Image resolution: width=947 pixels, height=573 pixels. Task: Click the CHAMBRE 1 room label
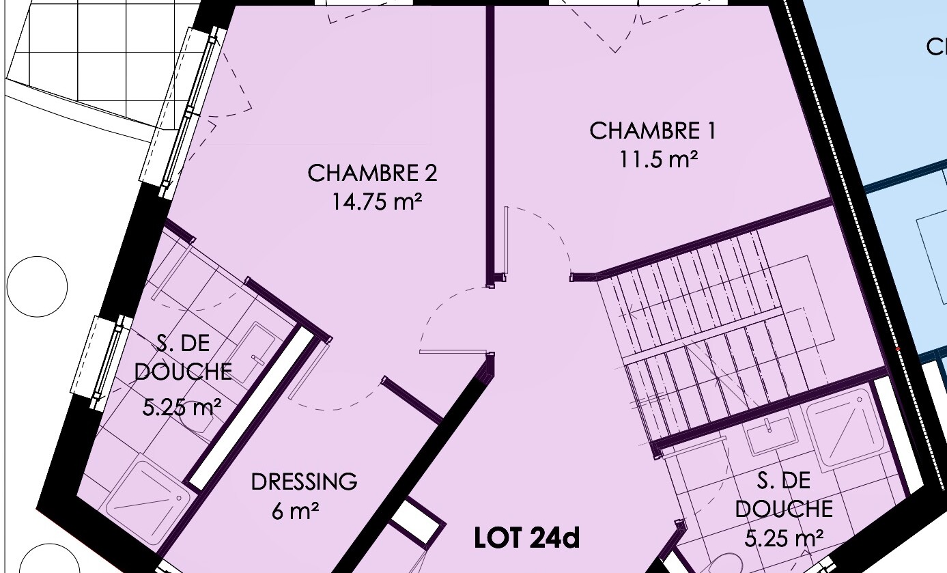pyautogui.click(x=652, y=130)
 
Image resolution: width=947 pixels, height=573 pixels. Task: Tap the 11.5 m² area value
pyautogui.click(x=658, y=160)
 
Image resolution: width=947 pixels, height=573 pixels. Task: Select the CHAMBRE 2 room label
pyautogui.click(x=372, y=173)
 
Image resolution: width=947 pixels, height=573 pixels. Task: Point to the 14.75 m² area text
pyautogui.click(x=377, y=201)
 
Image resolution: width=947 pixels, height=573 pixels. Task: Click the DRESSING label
pyautogui.click(x=304, y=482)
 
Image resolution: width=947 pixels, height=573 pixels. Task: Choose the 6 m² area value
pyautogui.click(x=295, y=512)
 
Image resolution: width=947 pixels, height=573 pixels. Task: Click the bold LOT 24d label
pyautogui.click(x=527, y=538)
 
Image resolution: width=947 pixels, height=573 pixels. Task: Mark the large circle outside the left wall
pyautogui.click(x=37, y=286)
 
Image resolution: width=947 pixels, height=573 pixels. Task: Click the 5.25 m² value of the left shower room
pyautogui.click(x=182, y=408)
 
